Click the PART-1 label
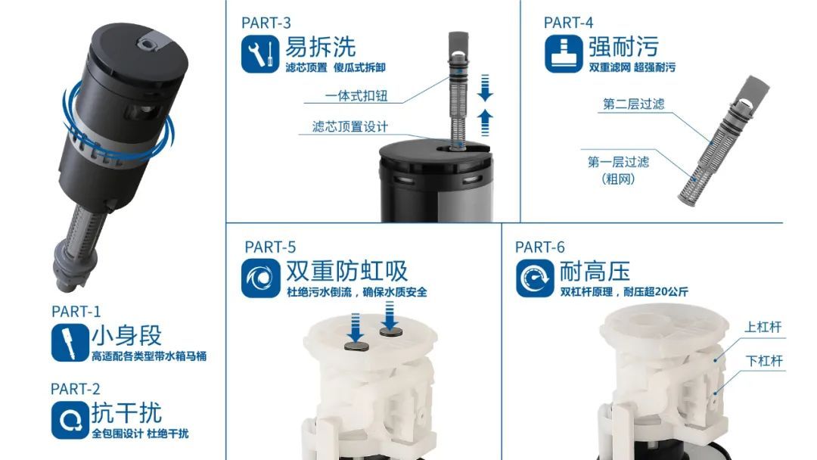(x=76, y=311)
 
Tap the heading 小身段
(x=126, y=335)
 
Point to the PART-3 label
(x=266, y=22)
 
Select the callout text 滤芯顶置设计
(x=350, y=126)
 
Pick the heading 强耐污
(x=623, y=47)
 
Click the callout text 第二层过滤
(x=633, y=104)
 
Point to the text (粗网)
(x=618, y=179)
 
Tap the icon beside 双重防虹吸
(x=261, y=278)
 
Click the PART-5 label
(x=270, y=247)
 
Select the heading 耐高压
(x=595, y=271)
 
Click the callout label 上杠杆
(x=763, y=327)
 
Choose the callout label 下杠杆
(x=763, y=361)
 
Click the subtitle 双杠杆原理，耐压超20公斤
(x=624, y=292)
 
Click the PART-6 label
(x=540, y=247)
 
